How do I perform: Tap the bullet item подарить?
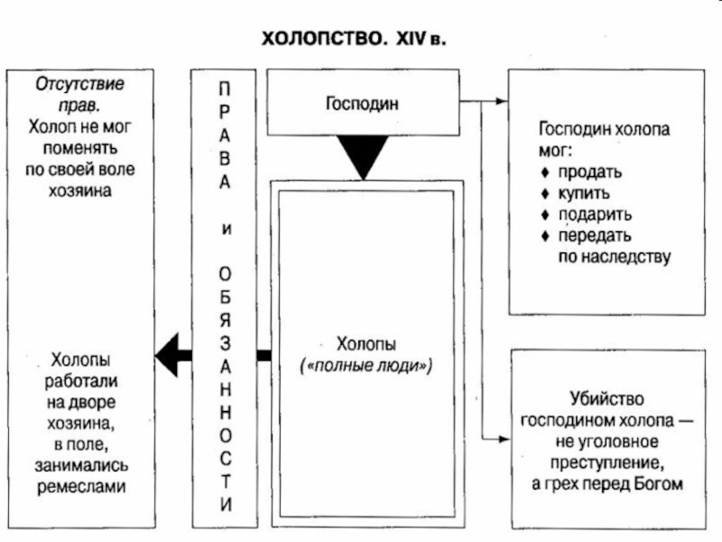click(x=594, y=215)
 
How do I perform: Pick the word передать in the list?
click(x=594, y=236)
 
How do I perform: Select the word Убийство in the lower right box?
click(x=600, y=398)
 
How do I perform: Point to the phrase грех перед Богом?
click(x=614, y=483)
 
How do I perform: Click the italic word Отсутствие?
click(x=80, y=85)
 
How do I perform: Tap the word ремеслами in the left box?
click(x=81, y=486)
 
